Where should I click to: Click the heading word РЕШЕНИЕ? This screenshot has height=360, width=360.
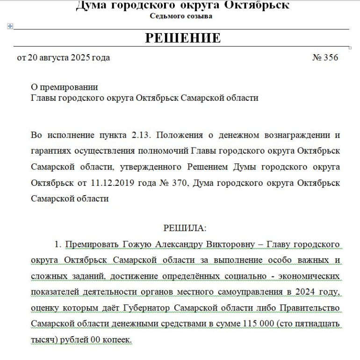[x=182, y=38]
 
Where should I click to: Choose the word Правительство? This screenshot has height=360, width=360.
[x=309, y=308]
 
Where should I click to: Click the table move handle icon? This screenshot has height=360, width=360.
[x=10, y=26]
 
